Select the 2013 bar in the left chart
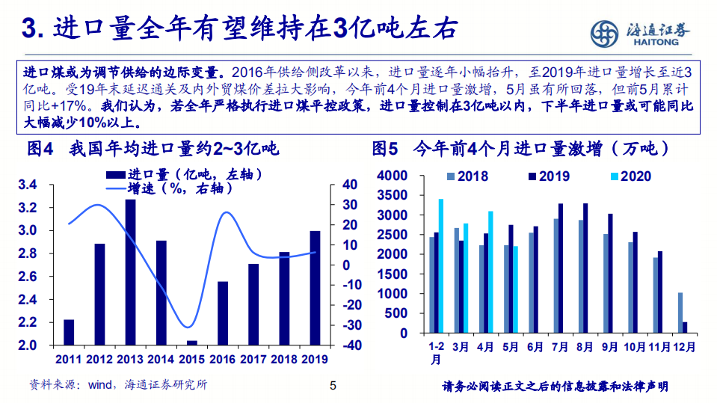pyautogui.click(x=130, y=272)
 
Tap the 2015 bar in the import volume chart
pyautogui.click(x=192, y=343)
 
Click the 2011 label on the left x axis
pyautogui.click(x=68, y=360)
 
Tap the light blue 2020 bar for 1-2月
pyautogui.click(x=441, y=265)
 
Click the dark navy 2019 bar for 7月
pyautogui.click(x=561, y=268)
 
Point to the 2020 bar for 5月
pyautogui.click(x=515, y=289)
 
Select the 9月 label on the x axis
pyautogui.click(x=609, y=347)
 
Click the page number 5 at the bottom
pyautogui.click(x=333, y=387)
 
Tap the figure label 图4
pyautogui.click(x=41, y=149)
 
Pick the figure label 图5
pyautogui.click(x=386, y=149)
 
